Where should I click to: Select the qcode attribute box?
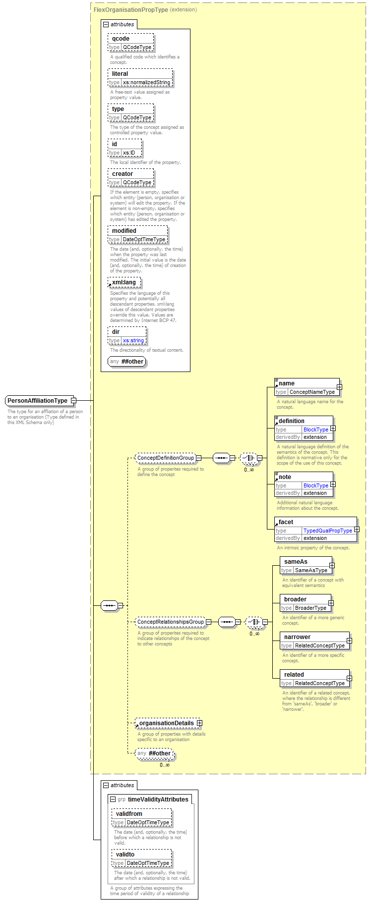pos(131,43)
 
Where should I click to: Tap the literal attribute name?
pos(120,74)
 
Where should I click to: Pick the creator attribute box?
pos(131,178)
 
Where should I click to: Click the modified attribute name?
pos(124,231)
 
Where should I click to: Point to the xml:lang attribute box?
pos(125,282)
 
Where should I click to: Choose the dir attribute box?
pos(127,336)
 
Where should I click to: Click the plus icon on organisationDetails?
pos(199,723)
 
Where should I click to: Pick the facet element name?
pos(286,522)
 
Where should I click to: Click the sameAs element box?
pos(306,566)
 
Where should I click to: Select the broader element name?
pos(295,599)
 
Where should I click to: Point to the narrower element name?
pos(297,637)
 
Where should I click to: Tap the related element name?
pos(294,675)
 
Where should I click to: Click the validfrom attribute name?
pos(129,814)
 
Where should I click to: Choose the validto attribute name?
pos(125,855)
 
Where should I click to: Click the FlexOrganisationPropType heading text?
pos(131,9)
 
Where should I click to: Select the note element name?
pos(285,477)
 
